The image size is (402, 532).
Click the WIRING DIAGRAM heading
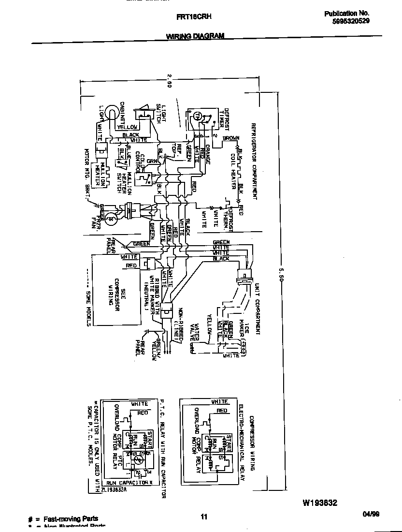click(195, 36)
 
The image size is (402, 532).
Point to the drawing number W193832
click(320, 503)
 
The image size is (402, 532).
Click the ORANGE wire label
click(208, 154)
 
